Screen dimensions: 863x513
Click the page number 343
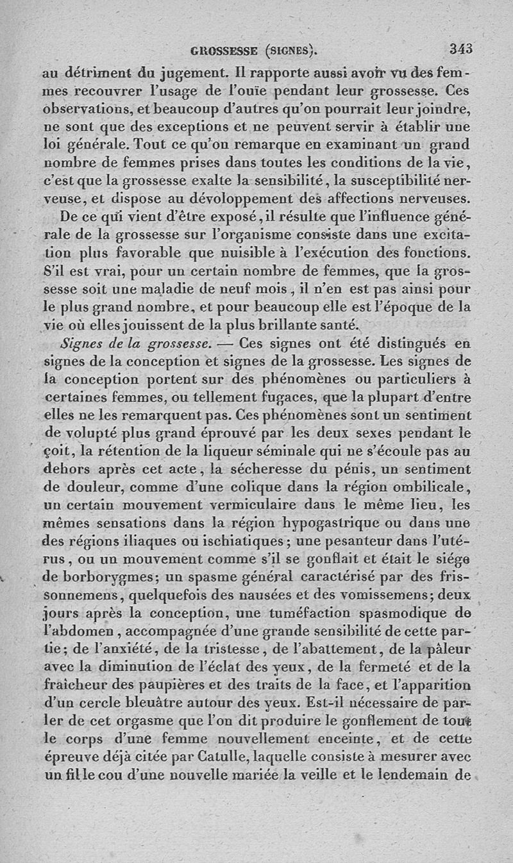coord(460,48)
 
